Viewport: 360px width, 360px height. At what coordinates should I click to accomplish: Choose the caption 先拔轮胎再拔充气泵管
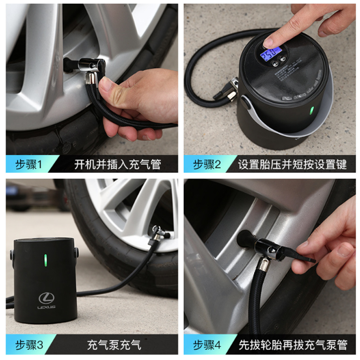pyautogui.click(x=292, y=345)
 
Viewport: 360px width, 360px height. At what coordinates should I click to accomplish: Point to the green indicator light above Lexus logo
pyautogui.click(x=45, y=260)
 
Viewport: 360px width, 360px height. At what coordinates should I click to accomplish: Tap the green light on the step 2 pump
pyautogui.click(x=311, y=111)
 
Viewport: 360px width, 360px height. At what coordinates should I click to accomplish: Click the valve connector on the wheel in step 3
pyautogui.click(x=157, y=233)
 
